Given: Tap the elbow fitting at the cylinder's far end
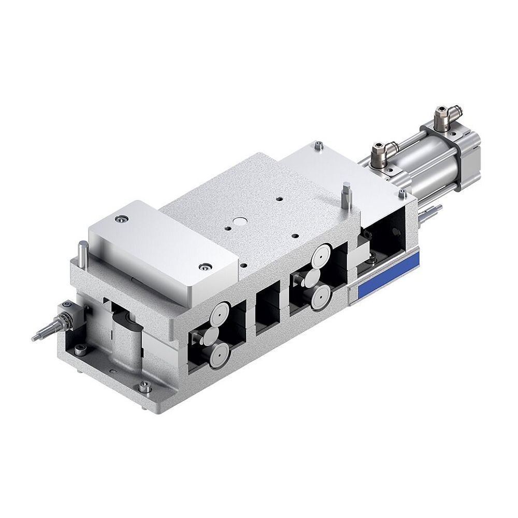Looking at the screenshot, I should (442, 114).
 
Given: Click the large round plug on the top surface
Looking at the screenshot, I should (240, 221).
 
